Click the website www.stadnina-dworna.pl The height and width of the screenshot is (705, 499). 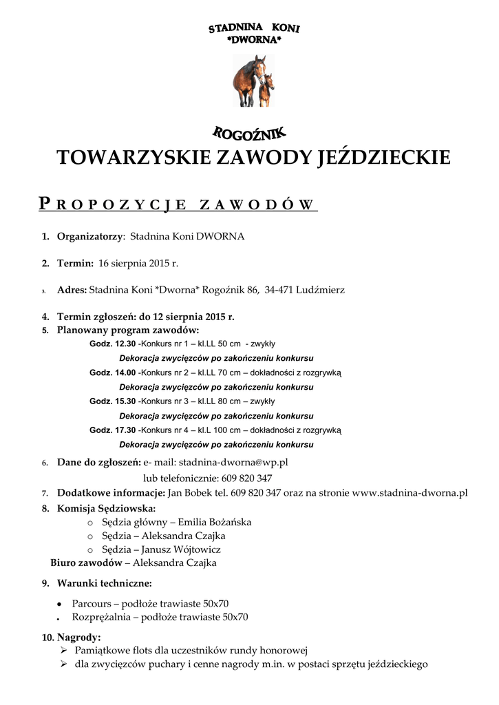click(x=410, y=493)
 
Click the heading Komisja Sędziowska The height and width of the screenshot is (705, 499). click(x=106, y=509)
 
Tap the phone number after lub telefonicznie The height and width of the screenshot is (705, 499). click(x=246, y=478)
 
